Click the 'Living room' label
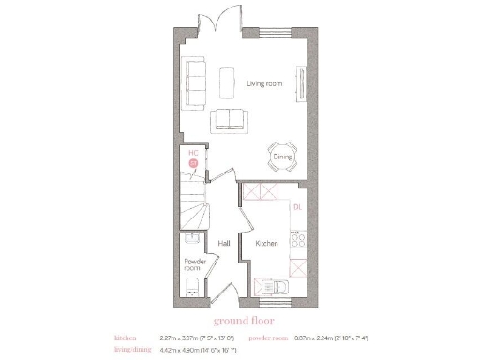tap(264, 84)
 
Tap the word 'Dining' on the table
tap(283, 157)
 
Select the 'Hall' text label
tap(224, 243)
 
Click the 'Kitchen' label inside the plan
tap(267, 243)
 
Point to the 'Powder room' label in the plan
tap(194, 263)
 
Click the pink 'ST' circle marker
tap(194, 163)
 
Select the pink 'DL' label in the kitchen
tap(296, 206)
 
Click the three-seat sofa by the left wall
tap(196, 76)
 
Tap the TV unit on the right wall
tap(301, 81)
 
